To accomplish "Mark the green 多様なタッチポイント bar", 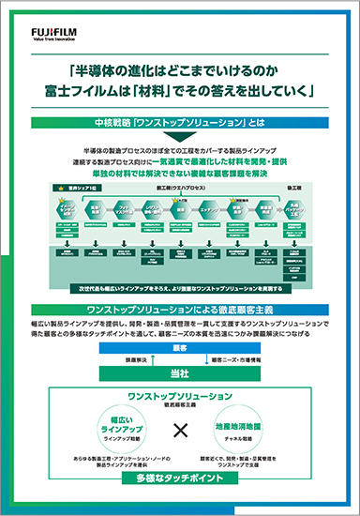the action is (179, 478).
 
